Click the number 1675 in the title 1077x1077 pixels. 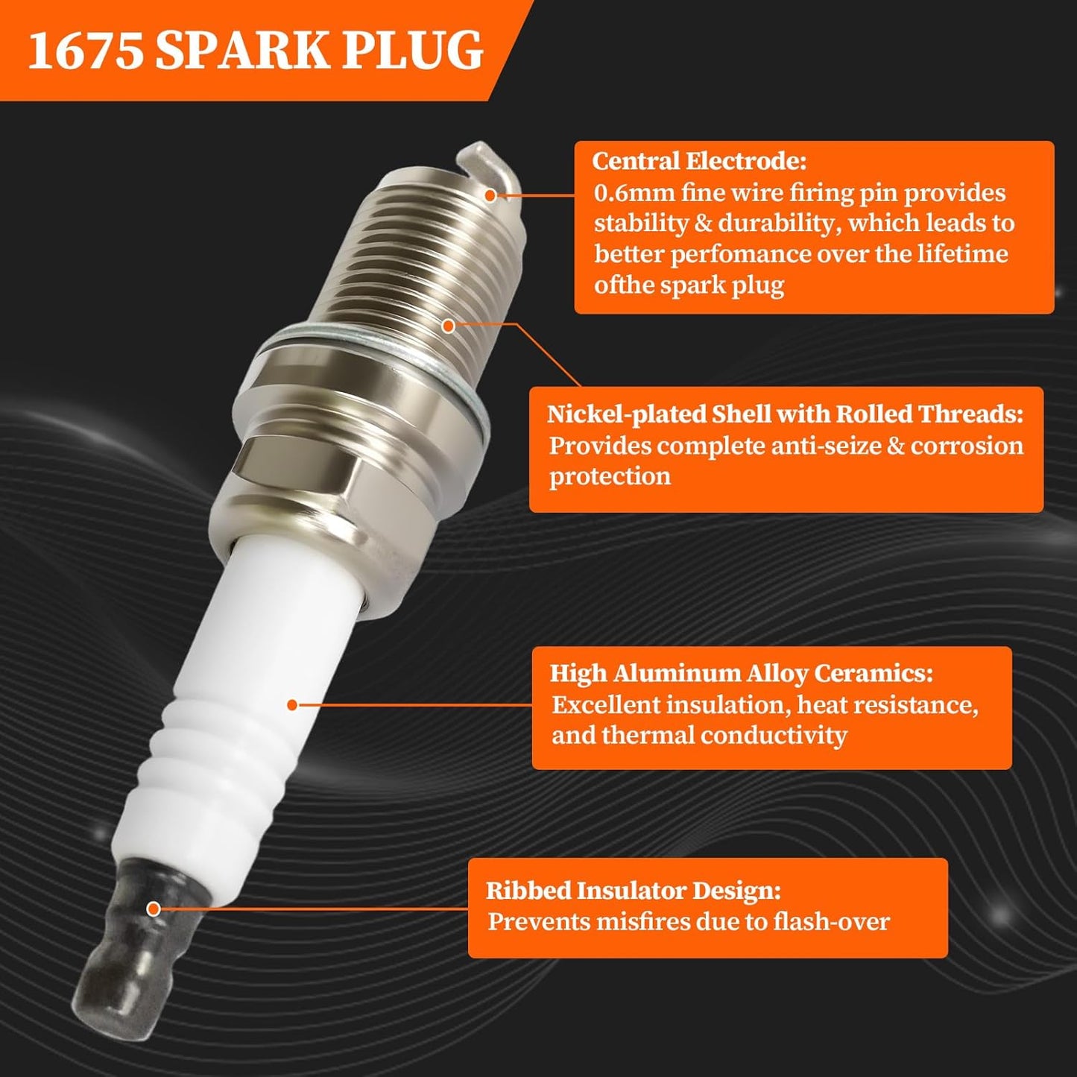[x=85, y=51]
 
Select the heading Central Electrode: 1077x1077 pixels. [x=699, y=162]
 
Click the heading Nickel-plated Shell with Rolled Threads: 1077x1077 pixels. [x=785, y=414]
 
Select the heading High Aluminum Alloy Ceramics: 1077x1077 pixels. [x=741, y=674]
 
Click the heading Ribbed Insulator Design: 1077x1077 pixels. [x=634, y=891]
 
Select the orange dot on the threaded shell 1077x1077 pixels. [x=448, y=326]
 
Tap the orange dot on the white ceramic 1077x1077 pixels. [x=292, y=704]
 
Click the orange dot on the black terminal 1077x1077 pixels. [x=154, y=909]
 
